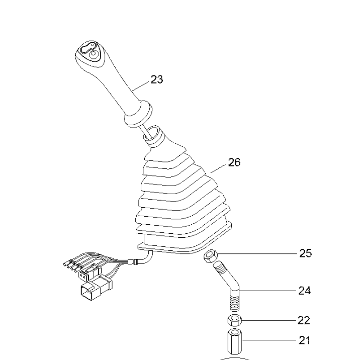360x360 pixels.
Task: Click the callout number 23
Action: [x=157, y=80]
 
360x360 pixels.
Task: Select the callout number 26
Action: [x=234, y=162]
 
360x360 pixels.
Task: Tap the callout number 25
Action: [x=305, y=253]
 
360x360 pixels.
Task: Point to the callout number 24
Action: [x=305, y=291]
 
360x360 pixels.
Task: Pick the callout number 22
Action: [x=304, y=320]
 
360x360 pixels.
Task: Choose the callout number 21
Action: [x=304, y=341]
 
